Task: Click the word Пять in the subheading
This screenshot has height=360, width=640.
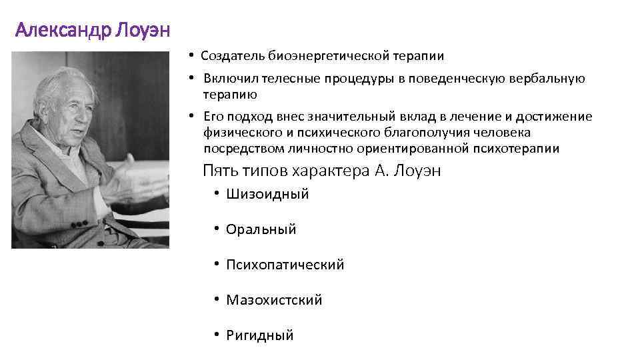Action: (x=218, y=171)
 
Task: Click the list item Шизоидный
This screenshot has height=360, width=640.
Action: (x=267, y=195)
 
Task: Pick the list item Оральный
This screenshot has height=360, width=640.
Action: (x=261, y=229)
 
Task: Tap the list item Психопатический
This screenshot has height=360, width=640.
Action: (x=285, y=265)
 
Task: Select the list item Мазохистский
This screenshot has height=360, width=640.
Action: (x=274, y=300)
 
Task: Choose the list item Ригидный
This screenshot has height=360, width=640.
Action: (x=259, y=335)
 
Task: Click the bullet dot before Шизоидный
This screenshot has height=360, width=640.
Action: (x=217, y=194)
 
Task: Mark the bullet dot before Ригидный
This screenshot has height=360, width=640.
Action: (x=217, y=335)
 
